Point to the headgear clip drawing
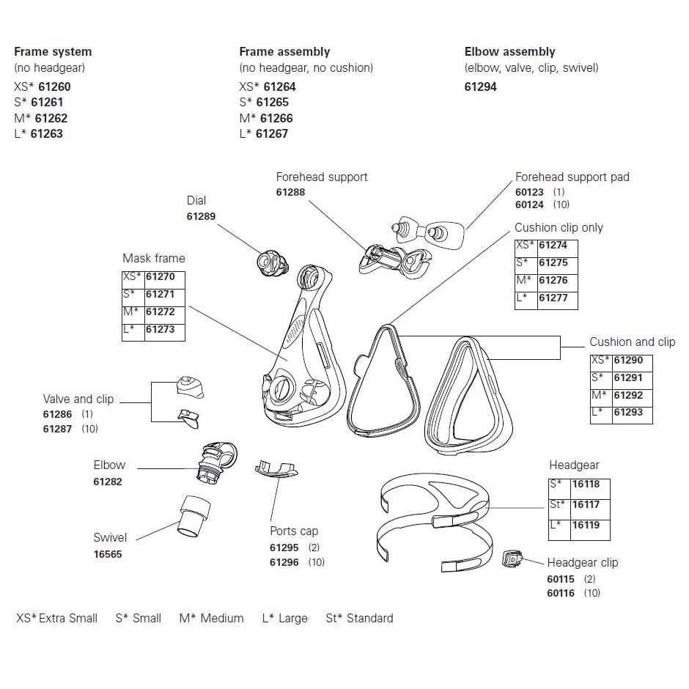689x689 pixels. click(511, 560)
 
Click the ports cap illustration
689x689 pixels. click(276, 468)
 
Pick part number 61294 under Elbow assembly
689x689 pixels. click(481, 86)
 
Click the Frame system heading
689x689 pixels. click(53, 52)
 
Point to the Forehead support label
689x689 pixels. click(322, 177)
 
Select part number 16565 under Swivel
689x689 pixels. click(108, 554)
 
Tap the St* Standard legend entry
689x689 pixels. click(359, 618)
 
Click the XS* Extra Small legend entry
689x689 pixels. click(56, 618)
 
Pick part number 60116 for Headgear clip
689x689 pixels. click(561, 593)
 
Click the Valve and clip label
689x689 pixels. click(78, 399)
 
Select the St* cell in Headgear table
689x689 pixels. click(558, 504)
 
